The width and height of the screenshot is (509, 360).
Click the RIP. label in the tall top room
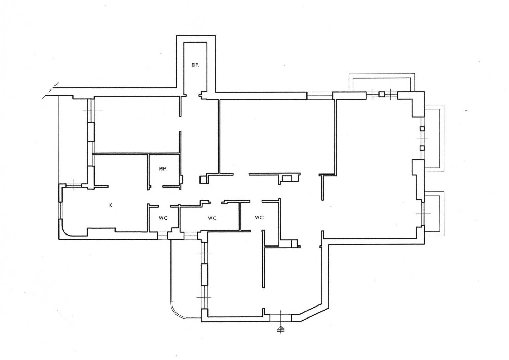coord(195,65)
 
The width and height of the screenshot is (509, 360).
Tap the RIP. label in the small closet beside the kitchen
coord(163,169)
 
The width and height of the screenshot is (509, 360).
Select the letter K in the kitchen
coord(111,205)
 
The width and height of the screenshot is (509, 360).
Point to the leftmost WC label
coord(163,218)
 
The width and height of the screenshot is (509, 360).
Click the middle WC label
coord(212,218)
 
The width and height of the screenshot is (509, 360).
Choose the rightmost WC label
coord(259,217)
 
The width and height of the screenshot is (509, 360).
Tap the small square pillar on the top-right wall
coord(382,94)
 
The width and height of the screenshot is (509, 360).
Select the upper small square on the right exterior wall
coord(422,129)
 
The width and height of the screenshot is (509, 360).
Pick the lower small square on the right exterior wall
coord(422,148)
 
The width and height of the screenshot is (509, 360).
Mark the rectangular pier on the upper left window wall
coord(91,132)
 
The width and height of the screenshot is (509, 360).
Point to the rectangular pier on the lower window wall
coord(205,275)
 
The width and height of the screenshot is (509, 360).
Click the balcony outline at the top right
coord(382,74)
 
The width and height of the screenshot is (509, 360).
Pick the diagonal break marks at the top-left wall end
coord(51,91)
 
